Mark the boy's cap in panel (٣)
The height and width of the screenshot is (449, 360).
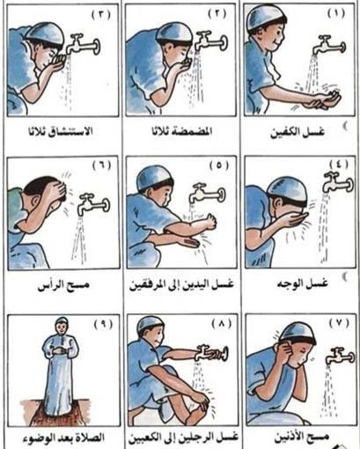tap(44, 33)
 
